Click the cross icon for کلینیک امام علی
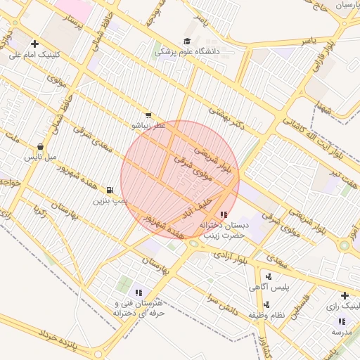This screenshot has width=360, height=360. click(34, 44)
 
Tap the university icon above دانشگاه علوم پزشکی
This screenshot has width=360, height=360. click(187, 41)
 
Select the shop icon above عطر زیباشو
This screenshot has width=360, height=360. click(148, 115)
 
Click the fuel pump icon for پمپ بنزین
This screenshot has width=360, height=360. click(110, 190)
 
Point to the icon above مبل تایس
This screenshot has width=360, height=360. click(39, 147)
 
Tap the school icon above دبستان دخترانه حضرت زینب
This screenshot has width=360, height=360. click(224, 214)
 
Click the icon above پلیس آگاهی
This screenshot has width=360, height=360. click(269, 276)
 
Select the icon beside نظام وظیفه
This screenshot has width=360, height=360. click(266, 304)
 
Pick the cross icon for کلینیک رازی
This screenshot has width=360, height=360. click(345, 296)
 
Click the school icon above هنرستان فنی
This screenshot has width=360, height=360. click(139, 292)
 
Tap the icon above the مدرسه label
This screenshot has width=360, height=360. click(342, 321)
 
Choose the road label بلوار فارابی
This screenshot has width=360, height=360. click(318, 64)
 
